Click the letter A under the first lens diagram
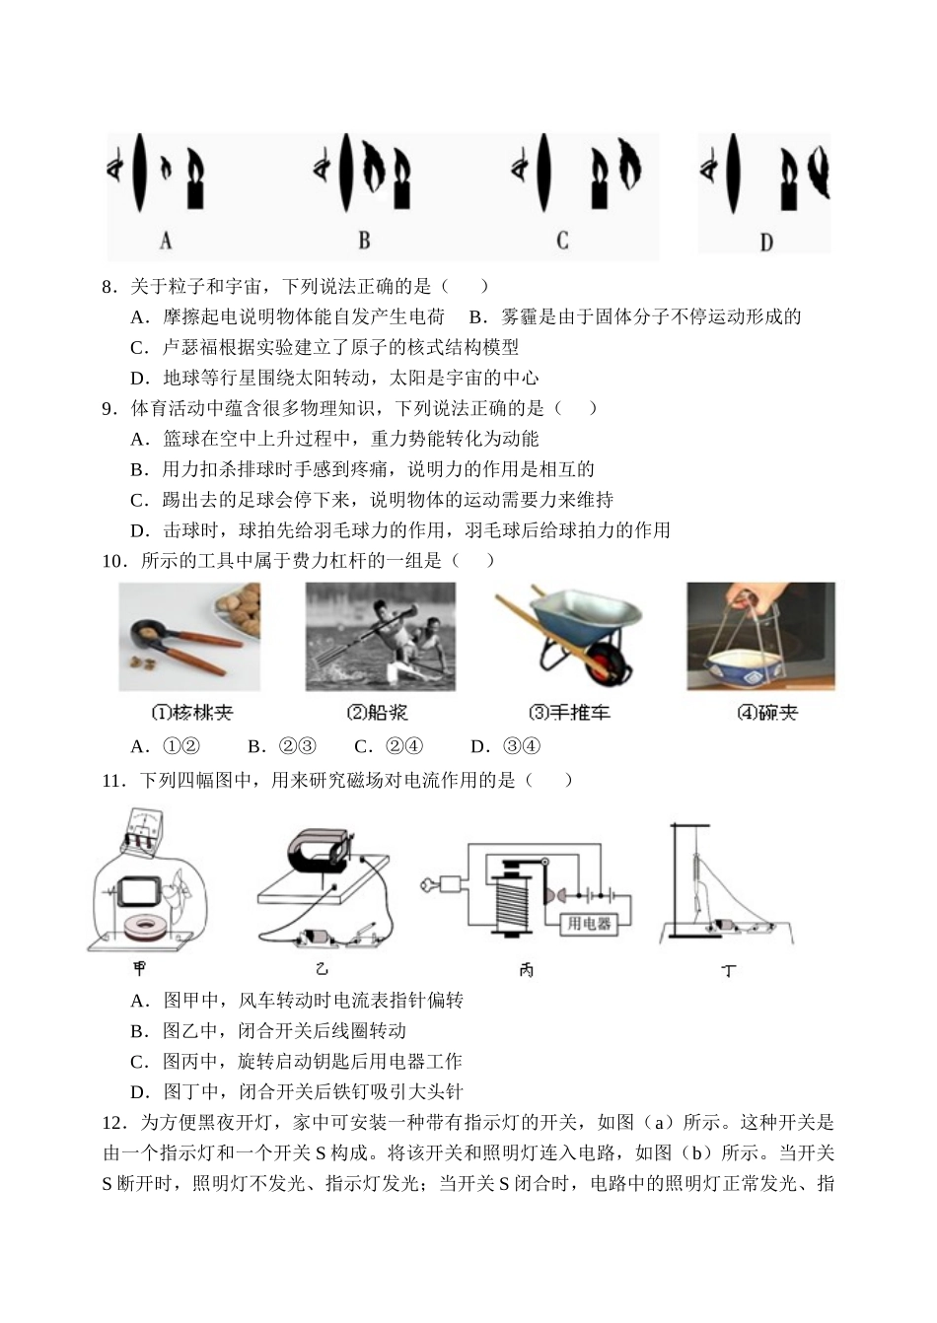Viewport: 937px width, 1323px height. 166,241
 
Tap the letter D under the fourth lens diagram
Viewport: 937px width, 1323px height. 766,243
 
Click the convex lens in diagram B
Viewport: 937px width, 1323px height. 345,173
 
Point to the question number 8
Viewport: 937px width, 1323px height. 107,287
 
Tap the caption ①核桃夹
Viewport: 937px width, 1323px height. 192,713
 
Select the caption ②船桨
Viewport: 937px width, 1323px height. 378,713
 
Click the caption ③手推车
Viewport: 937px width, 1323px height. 569,713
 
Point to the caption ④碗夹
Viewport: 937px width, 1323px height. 767,713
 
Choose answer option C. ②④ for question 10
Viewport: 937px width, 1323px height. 389,746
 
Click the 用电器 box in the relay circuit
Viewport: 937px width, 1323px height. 589,924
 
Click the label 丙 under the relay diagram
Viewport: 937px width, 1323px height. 526,970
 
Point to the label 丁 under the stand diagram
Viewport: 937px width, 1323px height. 729,970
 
